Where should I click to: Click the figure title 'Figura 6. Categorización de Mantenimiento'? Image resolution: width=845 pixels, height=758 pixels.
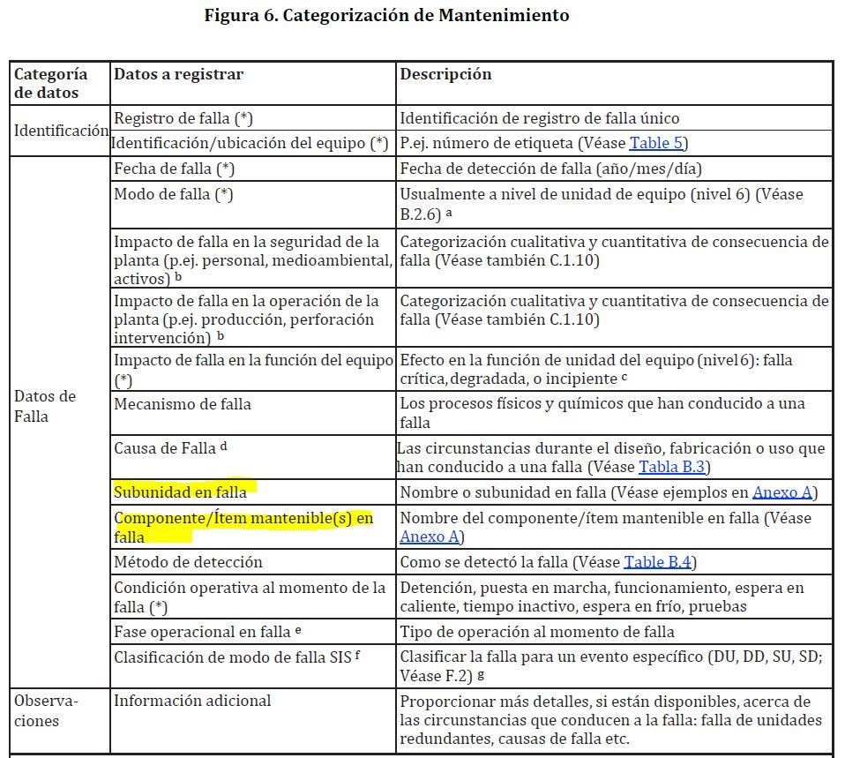click(x=386, y=15)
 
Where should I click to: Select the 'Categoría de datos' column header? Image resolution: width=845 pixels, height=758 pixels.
click(x=50, y=84)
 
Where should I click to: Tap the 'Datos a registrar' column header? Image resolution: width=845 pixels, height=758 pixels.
click(x=178, y=74)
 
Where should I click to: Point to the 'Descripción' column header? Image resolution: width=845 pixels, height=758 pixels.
click(x=445, y=74)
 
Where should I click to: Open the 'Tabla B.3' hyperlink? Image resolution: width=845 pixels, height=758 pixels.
click(x=674, y=467)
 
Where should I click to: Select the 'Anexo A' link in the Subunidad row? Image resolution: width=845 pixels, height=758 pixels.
click(x=784, y=492)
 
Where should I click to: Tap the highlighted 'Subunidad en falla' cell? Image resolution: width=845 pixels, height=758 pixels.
click(x=180, y=492)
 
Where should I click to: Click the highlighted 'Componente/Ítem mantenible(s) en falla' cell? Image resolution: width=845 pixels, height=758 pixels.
click(x=243, y=527)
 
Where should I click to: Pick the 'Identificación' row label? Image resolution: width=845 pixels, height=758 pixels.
click(x=61, y=131)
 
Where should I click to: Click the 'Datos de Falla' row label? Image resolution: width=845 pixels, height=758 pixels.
click(x=45, y=406)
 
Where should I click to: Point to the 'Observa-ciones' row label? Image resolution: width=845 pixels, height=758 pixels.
click(x=47, y=711)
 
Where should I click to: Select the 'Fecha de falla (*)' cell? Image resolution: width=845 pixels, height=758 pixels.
click(x=174, y=169)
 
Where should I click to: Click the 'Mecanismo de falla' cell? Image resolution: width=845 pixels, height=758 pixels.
click(x=183, y=404)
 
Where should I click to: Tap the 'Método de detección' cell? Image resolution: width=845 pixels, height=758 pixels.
click(x=188, y=562)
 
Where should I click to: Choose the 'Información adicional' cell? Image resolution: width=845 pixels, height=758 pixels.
click(x=192, y=702)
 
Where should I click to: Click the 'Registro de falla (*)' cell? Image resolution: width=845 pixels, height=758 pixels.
click(x=183, y=118)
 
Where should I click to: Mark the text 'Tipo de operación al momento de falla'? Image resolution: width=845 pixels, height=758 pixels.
click(x=537, y=632)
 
